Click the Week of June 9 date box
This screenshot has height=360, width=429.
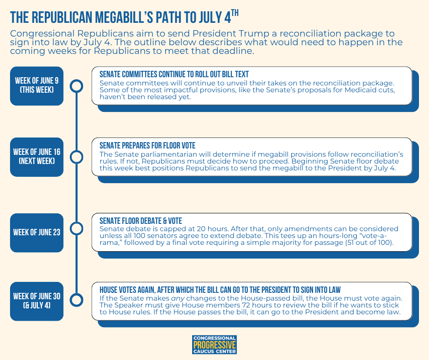(x=37, y=85)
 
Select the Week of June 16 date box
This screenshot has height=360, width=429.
(x=37, y=157)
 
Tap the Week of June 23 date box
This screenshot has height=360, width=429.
(x=37, y=233)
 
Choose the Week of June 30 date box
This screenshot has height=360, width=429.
(x=37, y=302)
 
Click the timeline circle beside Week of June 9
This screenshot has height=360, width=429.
(x=77, y=85)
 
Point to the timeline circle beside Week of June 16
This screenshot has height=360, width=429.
(x=77, y=157)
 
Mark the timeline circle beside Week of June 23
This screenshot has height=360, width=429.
(x=77, y=228)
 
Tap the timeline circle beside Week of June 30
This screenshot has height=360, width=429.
(x=77, y=300)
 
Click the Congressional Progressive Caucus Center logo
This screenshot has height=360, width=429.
(x=214, y=344)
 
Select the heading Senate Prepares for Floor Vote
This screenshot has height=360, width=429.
(x=147, y=146)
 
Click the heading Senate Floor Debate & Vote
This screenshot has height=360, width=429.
(x=141, y=221)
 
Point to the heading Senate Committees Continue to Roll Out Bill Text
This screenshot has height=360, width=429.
(x=174, y=74)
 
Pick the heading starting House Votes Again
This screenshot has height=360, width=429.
(x=220, y=290)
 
